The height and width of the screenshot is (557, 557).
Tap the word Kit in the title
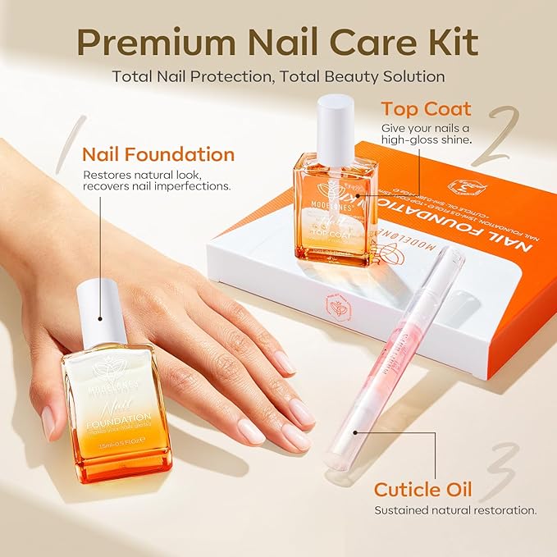[x=458, y=41]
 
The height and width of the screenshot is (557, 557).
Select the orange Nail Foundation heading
[x=158, y=154]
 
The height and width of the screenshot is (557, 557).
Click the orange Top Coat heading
[x=425, y=109]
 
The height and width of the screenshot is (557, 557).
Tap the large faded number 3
[x=497, y=471]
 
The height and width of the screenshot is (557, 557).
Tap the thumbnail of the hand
[x=49, y=423]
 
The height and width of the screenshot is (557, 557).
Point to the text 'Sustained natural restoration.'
[x=455, y=510]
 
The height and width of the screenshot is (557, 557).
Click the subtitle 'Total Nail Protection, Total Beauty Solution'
[x=279, y=76]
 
